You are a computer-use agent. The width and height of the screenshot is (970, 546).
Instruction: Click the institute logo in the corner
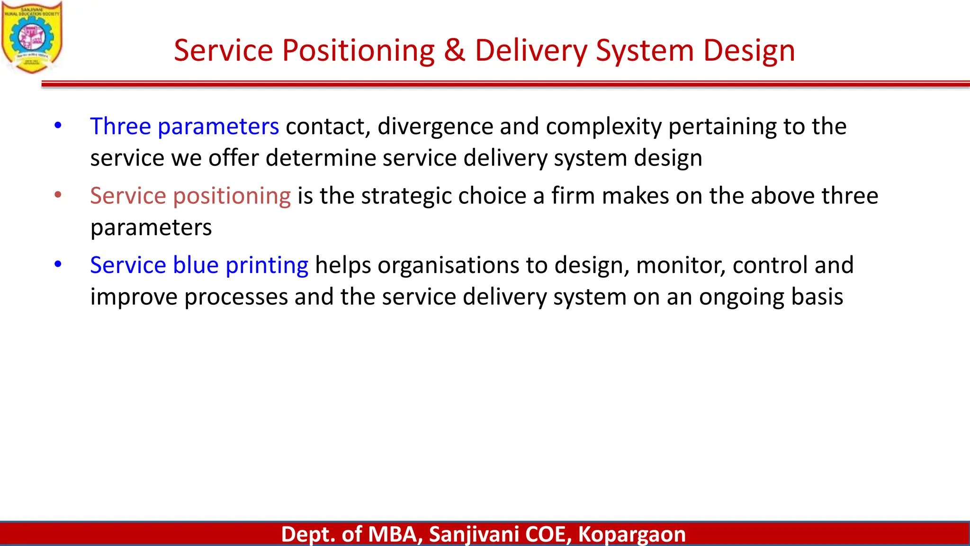pyautogui.click(x=32, y=37)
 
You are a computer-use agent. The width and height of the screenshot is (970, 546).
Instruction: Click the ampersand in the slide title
pyautogui.click(x=454, y=50)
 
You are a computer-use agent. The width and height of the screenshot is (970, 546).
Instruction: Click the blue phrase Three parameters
pyautogui.click(x=184, y=127)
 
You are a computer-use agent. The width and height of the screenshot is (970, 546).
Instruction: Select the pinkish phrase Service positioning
pyautogui.click(x=190, y=196)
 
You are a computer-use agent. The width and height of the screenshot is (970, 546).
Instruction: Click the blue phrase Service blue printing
pyautogui.click(x=199, y=265)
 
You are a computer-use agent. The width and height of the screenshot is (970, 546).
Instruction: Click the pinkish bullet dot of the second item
pyautogui.click(x=58, y=195)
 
